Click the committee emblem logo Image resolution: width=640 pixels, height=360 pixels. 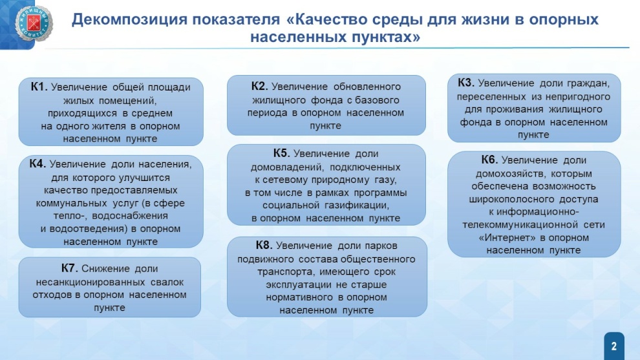(34, 24)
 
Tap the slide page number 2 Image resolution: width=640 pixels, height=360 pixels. (614, 346)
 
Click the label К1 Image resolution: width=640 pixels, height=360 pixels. (39, 87)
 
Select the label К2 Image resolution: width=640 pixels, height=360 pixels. (259, 86)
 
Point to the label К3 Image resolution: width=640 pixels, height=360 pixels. (465, 83)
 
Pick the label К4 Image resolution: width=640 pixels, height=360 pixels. (37, 164)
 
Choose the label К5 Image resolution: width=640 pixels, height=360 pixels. (281, 153)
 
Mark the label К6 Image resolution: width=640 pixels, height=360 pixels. (489, 160)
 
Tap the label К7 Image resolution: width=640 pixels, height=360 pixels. (69, 268)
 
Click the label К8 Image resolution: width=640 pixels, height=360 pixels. (264, 245)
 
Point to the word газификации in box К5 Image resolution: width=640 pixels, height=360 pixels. (357, 206)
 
